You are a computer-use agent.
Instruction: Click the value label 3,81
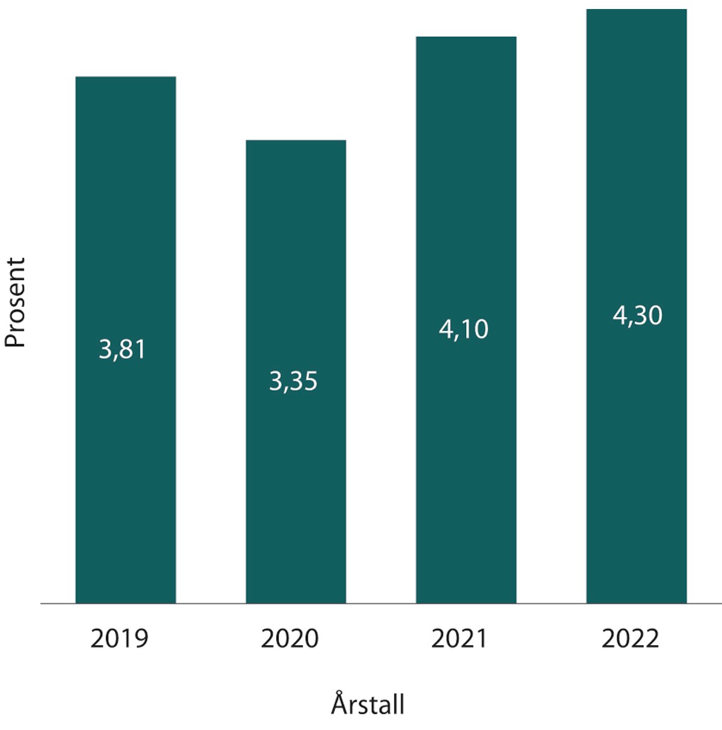pos(122,350)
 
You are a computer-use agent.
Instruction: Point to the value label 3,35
pos(293,382)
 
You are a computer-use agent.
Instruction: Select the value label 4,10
pos(463,329)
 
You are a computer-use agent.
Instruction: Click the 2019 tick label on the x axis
pos(119,639)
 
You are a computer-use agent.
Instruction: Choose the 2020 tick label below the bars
pos(289,639)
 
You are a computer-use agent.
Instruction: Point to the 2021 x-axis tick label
pos(460,639)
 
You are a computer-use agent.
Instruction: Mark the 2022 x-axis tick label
pos(630,639)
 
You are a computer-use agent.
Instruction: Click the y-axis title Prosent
pos(16,302)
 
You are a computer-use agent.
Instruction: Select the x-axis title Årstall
pos(368,704)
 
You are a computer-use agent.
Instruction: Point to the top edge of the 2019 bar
pos(125,77)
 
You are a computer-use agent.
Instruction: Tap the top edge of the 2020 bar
pos(295,141)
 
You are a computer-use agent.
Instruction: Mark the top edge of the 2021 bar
pos(466,37)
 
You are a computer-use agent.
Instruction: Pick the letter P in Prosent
pos(16,340)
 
